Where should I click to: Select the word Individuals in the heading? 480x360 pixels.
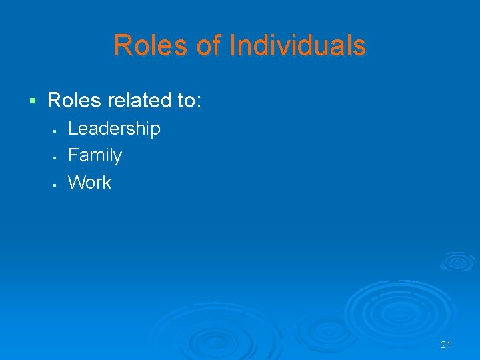pos(297,46)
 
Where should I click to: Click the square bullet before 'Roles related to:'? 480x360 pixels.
pos(31,101)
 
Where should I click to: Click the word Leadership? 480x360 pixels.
pos(114,129)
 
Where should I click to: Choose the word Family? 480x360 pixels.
pos(95,155)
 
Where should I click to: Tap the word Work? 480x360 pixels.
pos(90,182)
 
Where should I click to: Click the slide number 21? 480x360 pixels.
pos(446,345)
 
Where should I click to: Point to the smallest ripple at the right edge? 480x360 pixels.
pos(457,261)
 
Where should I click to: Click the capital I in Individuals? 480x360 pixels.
pos(233,46)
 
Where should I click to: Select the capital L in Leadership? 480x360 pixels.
pos(73,128)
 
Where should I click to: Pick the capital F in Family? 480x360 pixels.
pos(73,155)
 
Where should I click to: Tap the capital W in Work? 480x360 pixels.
pos(76,182)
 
